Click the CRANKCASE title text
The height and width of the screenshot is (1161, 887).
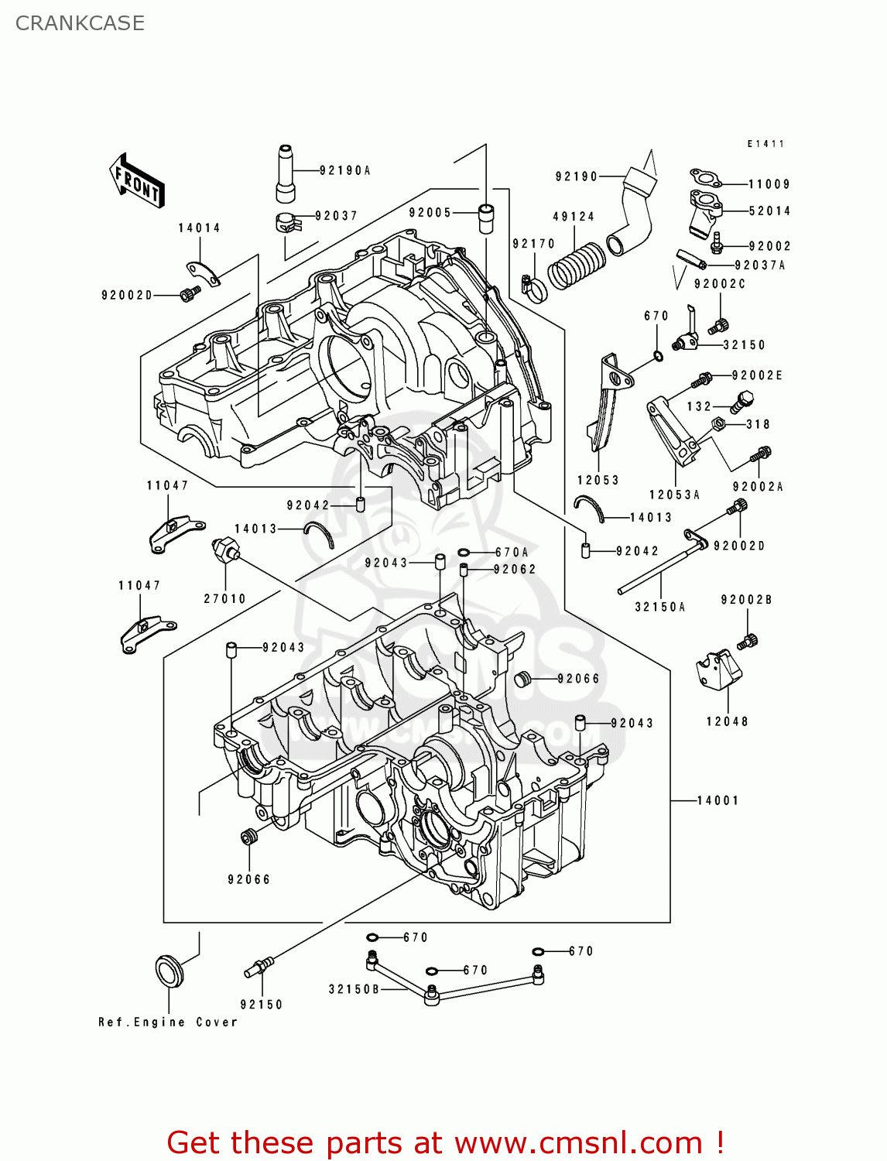80,23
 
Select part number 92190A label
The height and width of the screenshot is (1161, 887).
344,170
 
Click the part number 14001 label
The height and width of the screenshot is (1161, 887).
717,800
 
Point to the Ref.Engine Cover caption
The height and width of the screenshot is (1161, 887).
167,1022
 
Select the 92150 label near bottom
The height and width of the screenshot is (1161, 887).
261,1004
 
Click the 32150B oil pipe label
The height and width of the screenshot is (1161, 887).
354,989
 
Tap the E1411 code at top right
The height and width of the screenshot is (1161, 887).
765,144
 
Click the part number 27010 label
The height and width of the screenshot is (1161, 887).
224,598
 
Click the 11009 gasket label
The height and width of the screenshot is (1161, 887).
769,184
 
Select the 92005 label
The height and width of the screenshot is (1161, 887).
430,212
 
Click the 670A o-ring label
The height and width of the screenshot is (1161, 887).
512,552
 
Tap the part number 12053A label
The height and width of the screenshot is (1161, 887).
674,495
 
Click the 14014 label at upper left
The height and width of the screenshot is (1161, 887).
199,228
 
